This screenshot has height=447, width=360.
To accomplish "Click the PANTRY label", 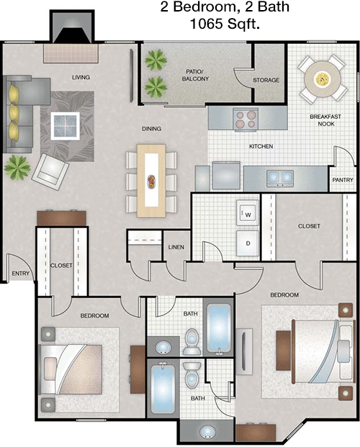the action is pyautogui.click(x=343, y=180).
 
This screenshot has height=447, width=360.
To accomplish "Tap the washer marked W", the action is pyautogui.click(x=248, y=213).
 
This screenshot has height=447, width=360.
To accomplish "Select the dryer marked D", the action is pyautogui.click(x=248, y=243).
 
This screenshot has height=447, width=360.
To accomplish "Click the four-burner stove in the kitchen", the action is pyautogui.click(x=246, y=119).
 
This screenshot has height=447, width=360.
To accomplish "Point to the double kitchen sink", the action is pyautogui.click(x=280, y=179).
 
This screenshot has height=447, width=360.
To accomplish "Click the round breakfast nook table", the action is pyautogui.click(x=323, y=78).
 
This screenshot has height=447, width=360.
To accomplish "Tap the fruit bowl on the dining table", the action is pyautogui.click(x=151, y=181).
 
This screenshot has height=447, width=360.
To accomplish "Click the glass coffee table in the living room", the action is pyautogui.click(x=65, y=126).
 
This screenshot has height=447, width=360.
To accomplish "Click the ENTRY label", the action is pyautogui.click(x=21, y=274).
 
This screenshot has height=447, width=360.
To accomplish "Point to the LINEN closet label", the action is pyautogui.click(x=176, y=247).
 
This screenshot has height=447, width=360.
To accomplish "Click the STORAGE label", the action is pyautogui.click(x=266, y=80).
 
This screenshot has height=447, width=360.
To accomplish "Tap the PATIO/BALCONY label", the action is pyautogui.click(x=195, y=76).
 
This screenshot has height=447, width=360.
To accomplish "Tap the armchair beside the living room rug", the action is pyautogui.click(x=50, y=171).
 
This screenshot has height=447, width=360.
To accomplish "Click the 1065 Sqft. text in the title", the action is pyautogui.click(x=225, y=23).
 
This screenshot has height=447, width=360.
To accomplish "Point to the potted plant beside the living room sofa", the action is pyautogui.click(x=17, y=167).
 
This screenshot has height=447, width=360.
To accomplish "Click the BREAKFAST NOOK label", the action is pyautogui.click(x=325, y=120).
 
